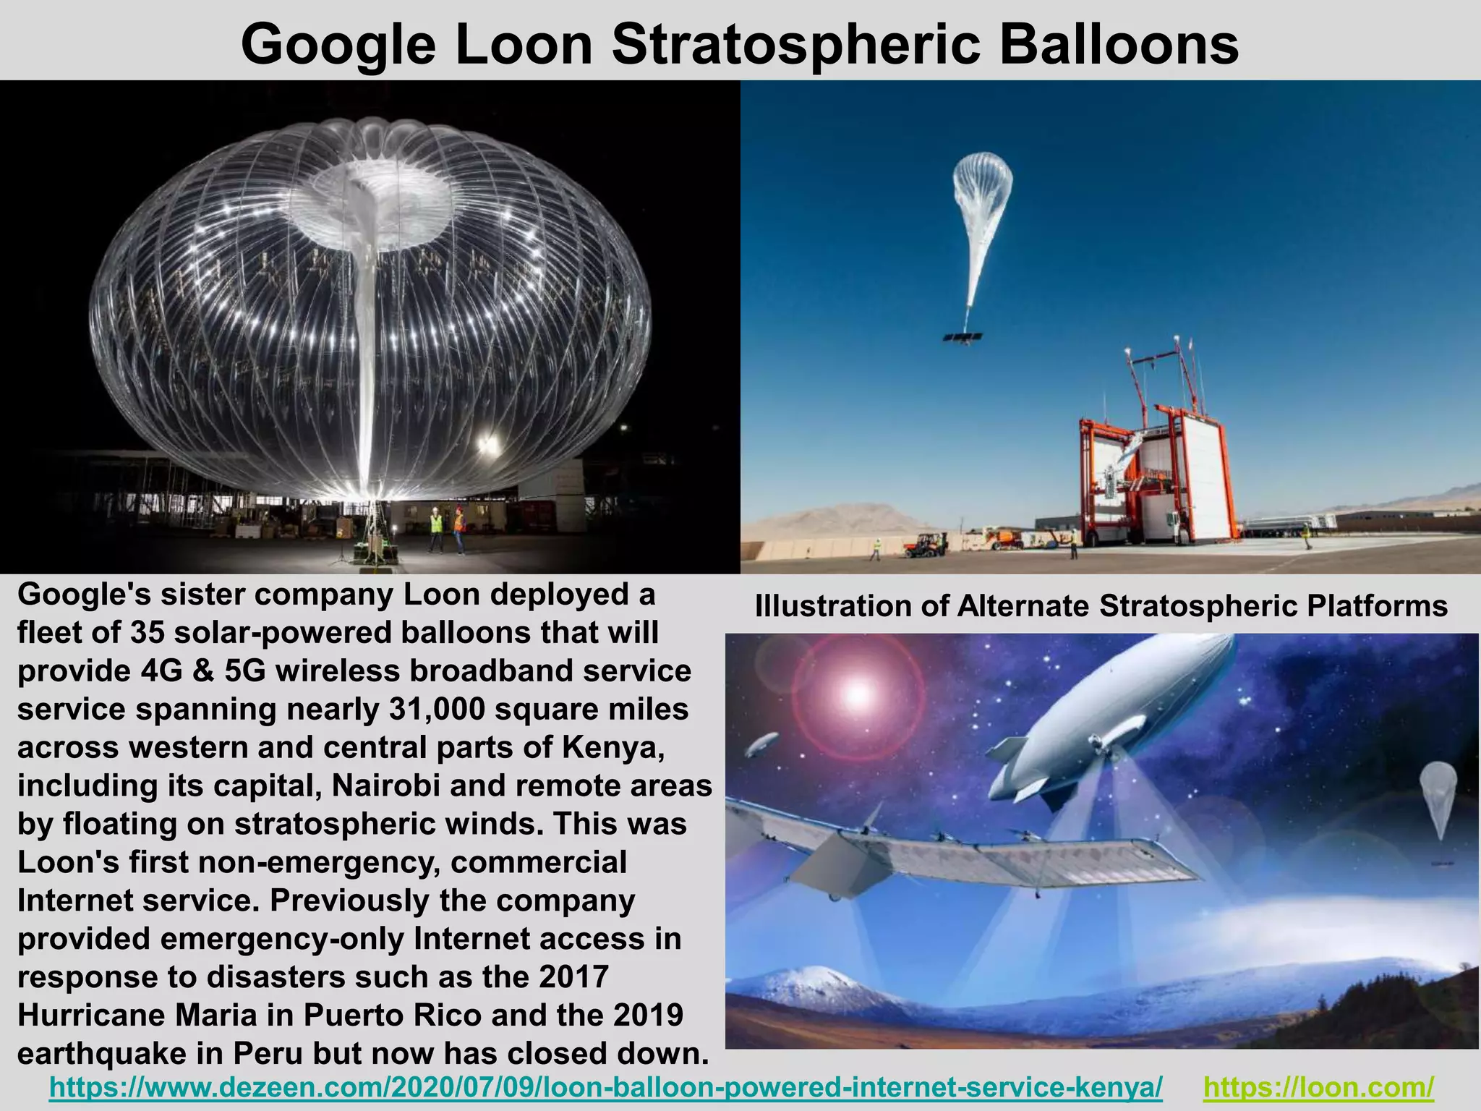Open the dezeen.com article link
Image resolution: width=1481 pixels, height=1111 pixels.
tap(606, 1086)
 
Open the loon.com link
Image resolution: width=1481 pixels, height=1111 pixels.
tap(1318, 1086)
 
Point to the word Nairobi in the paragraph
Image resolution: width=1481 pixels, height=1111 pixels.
tap(385, 786)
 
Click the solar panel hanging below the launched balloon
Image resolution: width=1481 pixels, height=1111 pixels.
tap(963, 337)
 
